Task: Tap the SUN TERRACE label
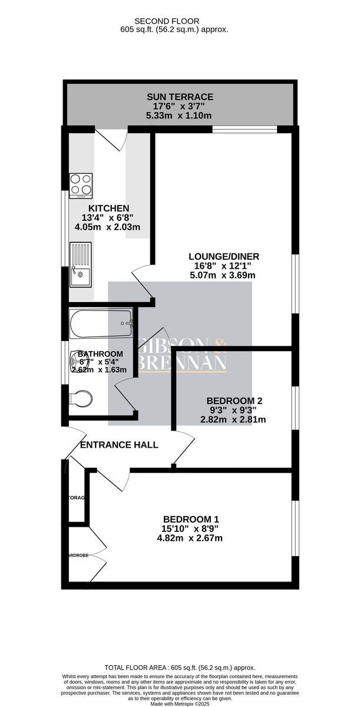tap(180, 97)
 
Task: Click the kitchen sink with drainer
tap(80, 265)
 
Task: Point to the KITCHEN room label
tap(108, 209)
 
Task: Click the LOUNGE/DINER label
tap(224, 256)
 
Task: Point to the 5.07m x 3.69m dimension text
tap(224, 275)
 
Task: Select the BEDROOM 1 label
tap(191, 519)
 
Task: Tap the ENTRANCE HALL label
tap(119, 445)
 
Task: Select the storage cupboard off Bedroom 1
tap(77, 498)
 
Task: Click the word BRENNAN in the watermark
tap(183, 362)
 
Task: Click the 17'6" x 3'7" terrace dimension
tap(180, 106)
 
